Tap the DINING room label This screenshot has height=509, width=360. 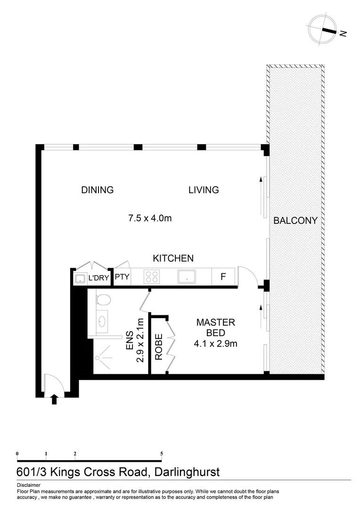coord(98,190)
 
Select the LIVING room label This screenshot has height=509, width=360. coord(204,190)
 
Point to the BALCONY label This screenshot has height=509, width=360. coord(295,221)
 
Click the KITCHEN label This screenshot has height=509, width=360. coord(173,258)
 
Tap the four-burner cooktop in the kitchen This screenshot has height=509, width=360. coord(152,277)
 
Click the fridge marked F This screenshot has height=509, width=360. coord(223,277)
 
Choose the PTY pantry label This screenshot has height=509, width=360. coord(122,277)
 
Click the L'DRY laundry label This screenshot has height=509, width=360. coord(98,279)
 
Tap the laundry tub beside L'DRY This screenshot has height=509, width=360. coord(80,279)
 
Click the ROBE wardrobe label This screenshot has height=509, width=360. coord(159,347)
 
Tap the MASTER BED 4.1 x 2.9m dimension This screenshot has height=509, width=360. coord(215,344)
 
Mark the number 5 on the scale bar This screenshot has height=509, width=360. coord(162,453)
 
